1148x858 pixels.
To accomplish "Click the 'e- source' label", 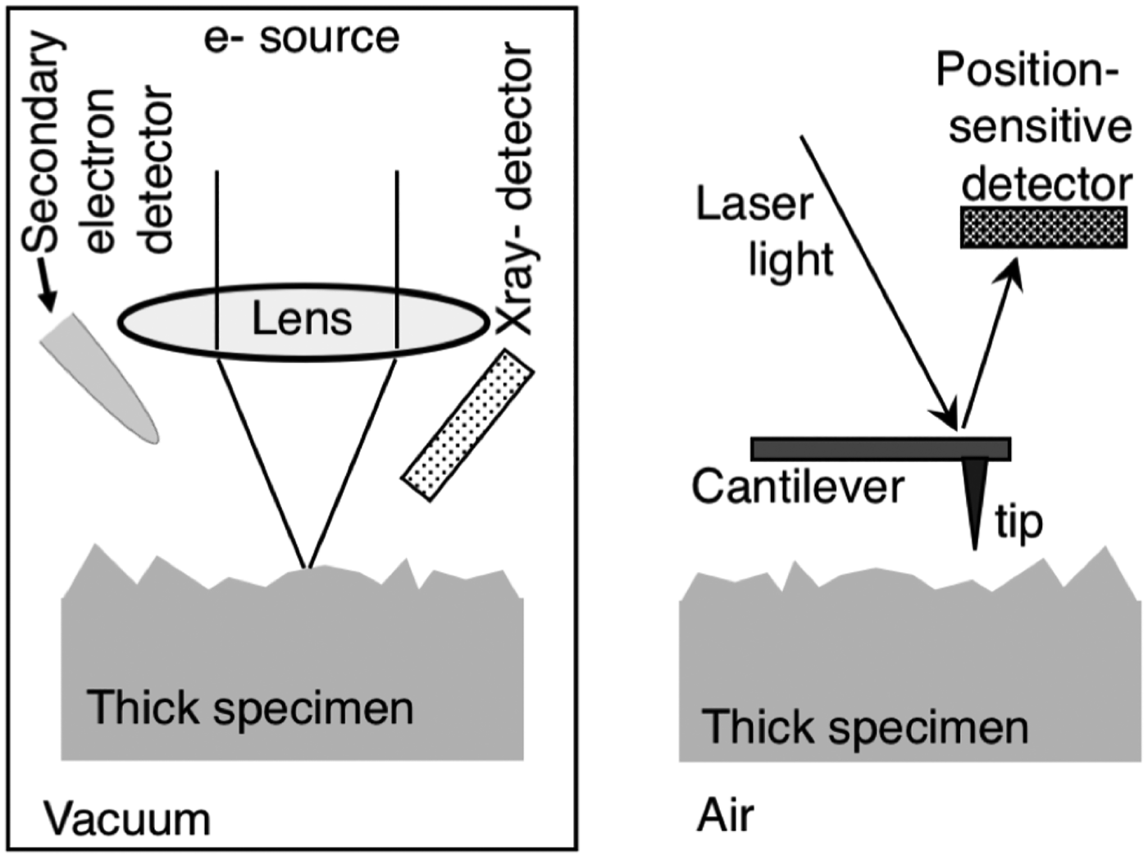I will (x=301, y=38).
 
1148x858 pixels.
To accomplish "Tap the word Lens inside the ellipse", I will (x=302, y=319).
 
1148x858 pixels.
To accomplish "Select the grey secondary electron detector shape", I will (x=98, y=376).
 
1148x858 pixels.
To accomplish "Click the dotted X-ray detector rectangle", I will (x=467, y=424).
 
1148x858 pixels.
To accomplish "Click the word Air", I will (x=725, y=816).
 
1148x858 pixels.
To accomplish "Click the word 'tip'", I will (x=1018, y=521).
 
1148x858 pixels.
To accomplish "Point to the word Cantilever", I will (x=797, y=487).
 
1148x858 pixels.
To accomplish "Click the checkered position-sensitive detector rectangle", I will (x=1043, y=227).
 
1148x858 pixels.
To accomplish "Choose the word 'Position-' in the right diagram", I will (x=1027, y=70).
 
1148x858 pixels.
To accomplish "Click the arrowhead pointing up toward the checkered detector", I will (x=1014, y=270).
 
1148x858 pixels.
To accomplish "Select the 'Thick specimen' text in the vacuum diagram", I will (x=250, y=708).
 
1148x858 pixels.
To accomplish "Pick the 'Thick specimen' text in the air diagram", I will (x=865, y=727).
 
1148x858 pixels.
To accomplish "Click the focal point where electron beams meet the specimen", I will (x=307, y=566).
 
